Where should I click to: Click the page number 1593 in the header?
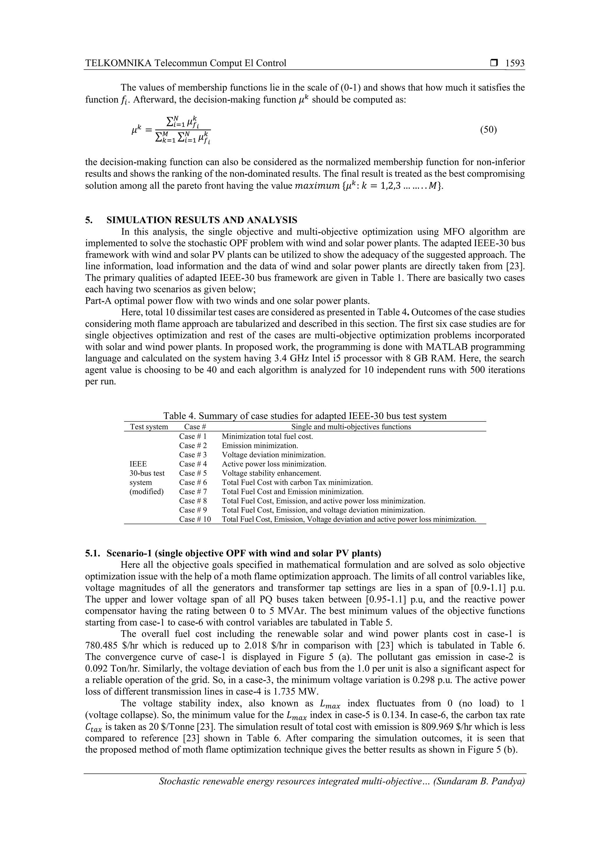click(x=515, y=63)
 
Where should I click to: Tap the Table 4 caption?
click(x=305, y=416)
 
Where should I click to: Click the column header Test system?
click(x=149, y=427)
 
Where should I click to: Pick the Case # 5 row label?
click(x=193, y=473)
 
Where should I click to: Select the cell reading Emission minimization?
click(x=260, y=445)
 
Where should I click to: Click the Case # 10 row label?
click(x=195, y=519)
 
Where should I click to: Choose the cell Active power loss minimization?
click(x=274, y=464)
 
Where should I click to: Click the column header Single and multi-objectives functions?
click(x=351, y=427)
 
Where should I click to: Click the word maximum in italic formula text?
click(x=317, y=186)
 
